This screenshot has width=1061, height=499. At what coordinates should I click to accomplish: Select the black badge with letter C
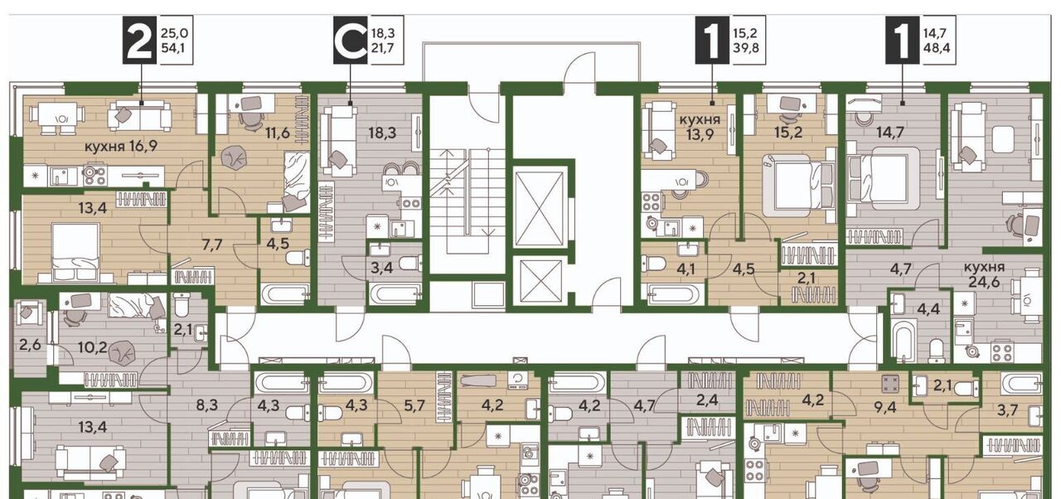[351, 40]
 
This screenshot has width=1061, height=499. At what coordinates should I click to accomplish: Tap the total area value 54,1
[175, 48]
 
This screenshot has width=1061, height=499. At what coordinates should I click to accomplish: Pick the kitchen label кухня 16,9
[121, 146]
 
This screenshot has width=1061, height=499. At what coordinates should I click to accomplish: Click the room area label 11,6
[277, 133]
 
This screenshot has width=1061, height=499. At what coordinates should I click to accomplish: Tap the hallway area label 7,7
[211, 245]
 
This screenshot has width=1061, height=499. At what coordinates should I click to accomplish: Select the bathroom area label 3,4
[382, 268]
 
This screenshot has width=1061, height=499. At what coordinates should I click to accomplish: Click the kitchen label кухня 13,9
[700, 127]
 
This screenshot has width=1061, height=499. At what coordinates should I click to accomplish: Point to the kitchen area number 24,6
[984, 282]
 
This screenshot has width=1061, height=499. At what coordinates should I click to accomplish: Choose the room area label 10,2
[93, 347]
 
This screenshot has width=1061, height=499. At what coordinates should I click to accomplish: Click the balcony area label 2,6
[31, 344]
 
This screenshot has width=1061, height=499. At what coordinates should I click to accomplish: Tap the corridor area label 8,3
[207, 405]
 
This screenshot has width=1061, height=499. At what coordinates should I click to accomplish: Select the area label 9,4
[884, 407]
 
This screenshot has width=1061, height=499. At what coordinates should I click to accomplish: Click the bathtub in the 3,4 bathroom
[395, 294]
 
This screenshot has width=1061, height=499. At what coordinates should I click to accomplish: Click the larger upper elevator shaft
[540, 209]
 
